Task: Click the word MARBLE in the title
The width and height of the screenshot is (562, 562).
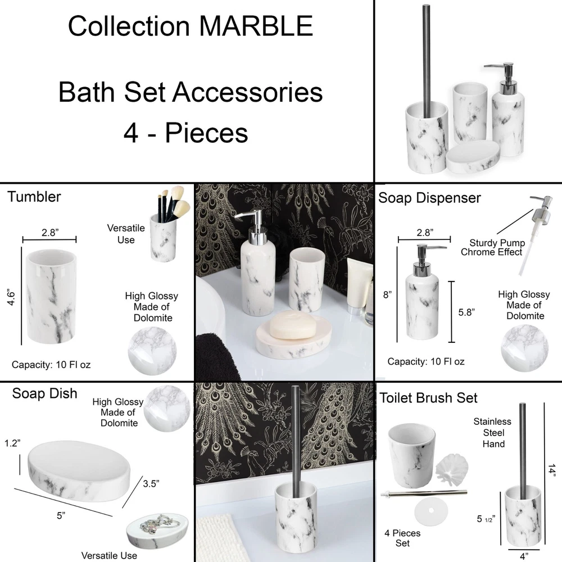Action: click(x=256, y=26)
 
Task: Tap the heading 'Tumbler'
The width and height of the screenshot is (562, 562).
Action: click(x=34, y=197)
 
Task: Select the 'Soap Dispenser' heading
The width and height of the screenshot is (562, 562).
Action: click(x=429, y=198)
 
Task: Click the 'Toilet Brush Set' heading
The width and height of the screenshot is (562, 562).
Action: click(x=428, y=398)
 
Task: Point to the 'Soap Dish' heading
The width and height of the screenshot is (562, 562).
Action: click(x=44, y=393)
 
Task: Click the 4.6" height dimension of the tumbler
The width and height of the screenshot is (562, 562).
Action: click(x=11, y=297)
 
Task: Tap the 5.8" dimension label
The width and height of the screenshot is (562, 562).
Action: click(x=466, y=312)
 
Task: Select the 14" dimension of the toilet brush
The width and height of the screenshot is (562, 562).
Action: click(x=552, y=470)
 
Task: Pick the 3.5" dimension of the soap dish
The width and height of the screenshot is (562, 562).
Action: click(x=151, y=483)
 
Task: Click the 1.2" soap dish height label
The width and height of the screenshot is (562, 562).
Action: click(x=12, y=443)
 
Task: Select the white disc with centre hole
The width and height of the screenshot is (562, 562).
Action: click(x=431, y=510)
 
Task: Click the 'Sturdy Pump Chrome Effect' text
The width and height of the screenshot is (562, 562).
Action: click(x=493, y=247)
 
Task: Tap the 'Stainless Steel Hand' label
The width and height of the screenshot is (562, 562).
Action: click(x=493, y=433)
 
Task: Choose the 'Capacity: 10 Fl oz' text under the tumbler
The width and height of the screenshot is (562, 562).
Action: click(x=51, y=365)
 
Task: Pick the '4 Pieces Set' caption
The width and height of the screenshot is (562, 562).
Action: click(x=402, y=538)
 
